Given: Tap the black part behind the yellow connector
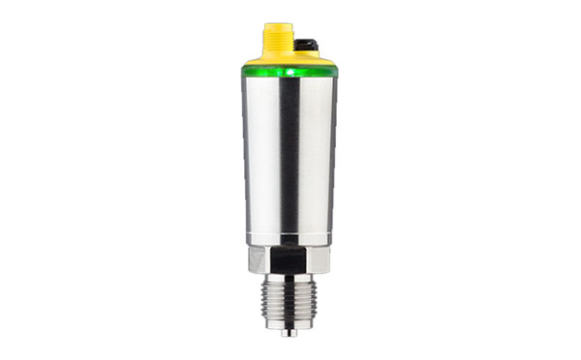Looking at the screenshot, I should coord(306,45).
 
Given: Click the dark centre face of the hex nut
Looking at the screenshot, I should coord(289,261).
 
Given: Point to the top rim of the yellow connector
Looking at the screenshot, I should coord(277,27).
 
